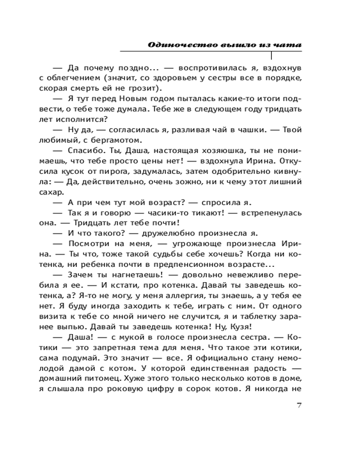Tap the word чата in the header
[289, 45]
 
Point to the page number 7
[299, 405]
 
